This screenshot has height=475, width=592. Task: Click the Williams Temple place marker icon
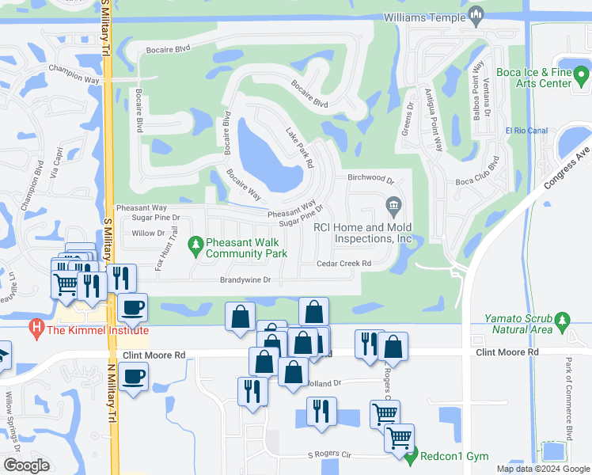click(476, 14)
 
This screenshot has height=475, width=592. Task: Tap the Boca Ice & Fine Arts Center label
click(533, 78)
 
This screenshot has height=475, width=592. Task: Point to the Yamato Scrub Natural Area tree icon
click(563, 321)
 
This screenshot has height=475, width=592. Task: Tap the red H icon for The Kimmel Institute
click(35, 326)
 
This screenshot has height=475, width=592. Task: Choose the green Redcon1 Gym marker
click(410, 456)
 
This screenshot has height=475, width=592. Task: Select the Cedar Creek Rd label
click(344, 264)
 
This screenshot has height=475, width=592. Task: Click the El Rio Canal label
click(526, 131)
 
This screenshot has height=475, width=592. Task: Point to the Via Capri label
click(56, 179)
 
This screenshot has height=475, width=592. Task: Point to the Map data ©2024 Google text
click(544, 469)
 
